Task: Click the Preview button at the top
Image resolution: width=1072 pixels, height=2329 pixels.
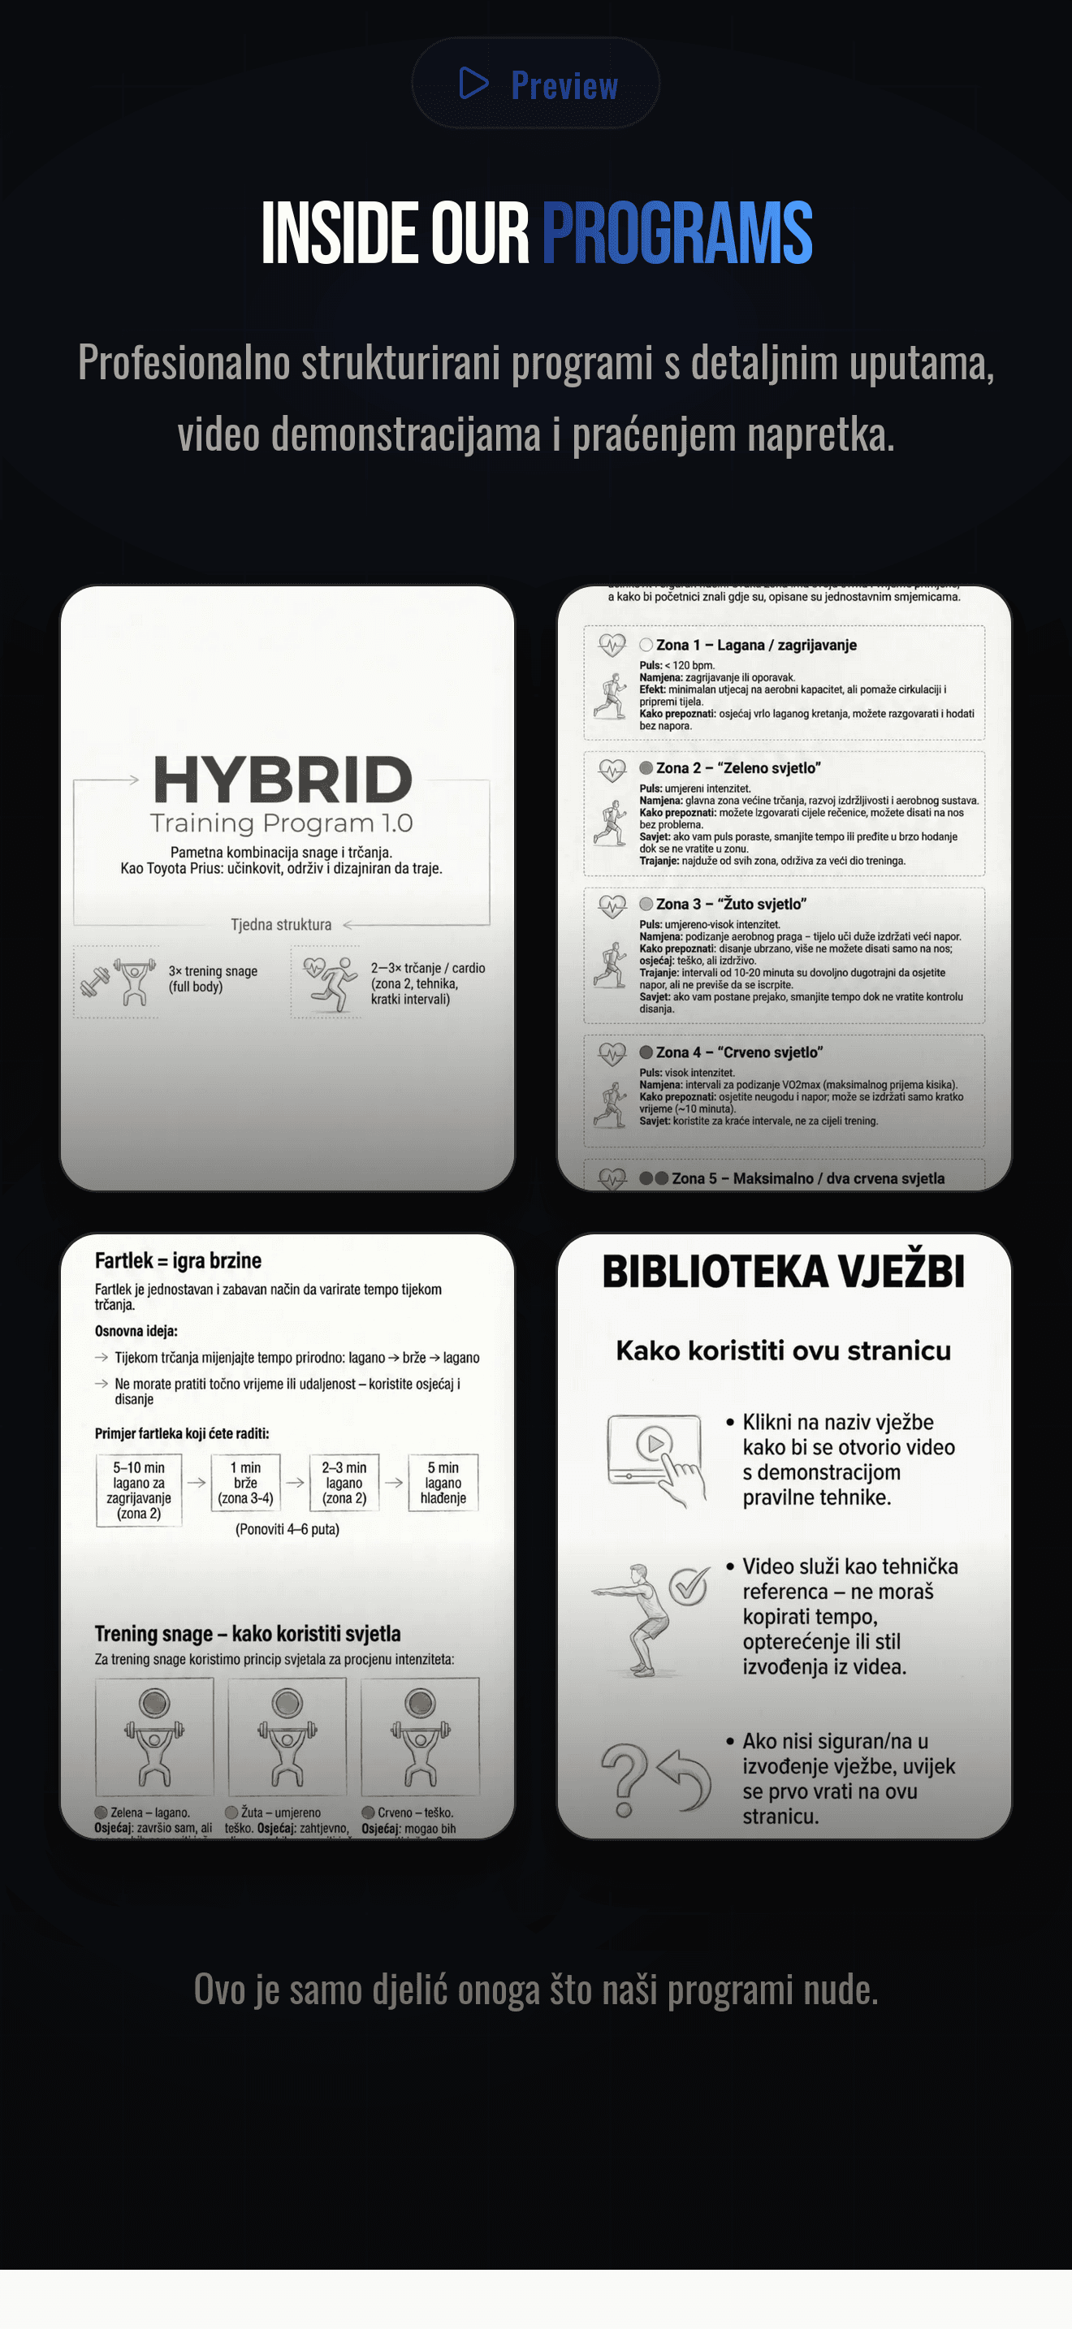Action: (535, 83)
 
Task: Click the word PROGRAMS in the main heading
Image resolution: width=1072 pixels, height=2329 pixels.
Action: (676, 233)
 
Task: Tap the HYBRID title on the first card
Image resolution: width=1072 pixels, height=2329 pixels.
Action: (283, 780)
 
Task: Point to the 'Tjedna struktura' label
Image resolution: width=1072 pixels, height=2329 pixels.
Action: (281, 925)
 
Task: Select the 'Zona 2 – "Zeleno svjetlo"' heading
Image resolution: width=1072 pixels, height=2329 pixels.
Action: (737, 767)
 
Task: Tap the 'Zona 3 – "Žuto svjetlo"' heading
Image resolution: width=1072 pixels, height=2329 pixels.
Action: (730, 904)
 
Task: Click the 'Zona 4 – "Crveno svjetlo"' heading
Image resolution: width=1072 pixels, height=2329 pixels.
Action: (738, 1052)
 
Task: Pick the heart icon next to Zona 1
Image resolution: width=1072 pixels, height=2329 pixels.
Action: (612, 645)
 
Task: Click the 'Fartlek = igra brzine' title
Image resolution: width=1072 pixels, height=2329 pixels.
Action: (178, 1260)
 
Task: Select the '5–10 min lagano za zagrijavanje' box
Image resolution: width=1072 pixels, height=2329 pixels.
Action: (139, 1490)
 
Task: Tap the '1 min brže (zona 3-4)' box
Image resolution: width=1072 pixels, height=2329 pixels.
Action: (246, 1483)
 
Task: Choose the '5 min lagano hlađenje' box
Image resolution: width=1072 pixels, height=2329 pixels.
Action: (443, 1483)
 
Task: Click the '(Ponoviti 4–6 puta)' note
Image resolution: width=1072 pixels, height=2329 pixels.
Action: (287, 1530)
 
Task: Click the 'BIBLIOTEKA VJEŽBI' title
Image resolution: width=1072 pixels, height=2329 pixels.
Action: (783, 1272)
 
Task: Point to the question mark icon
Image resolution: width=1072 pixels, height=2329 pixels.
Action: (624, 1779)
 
